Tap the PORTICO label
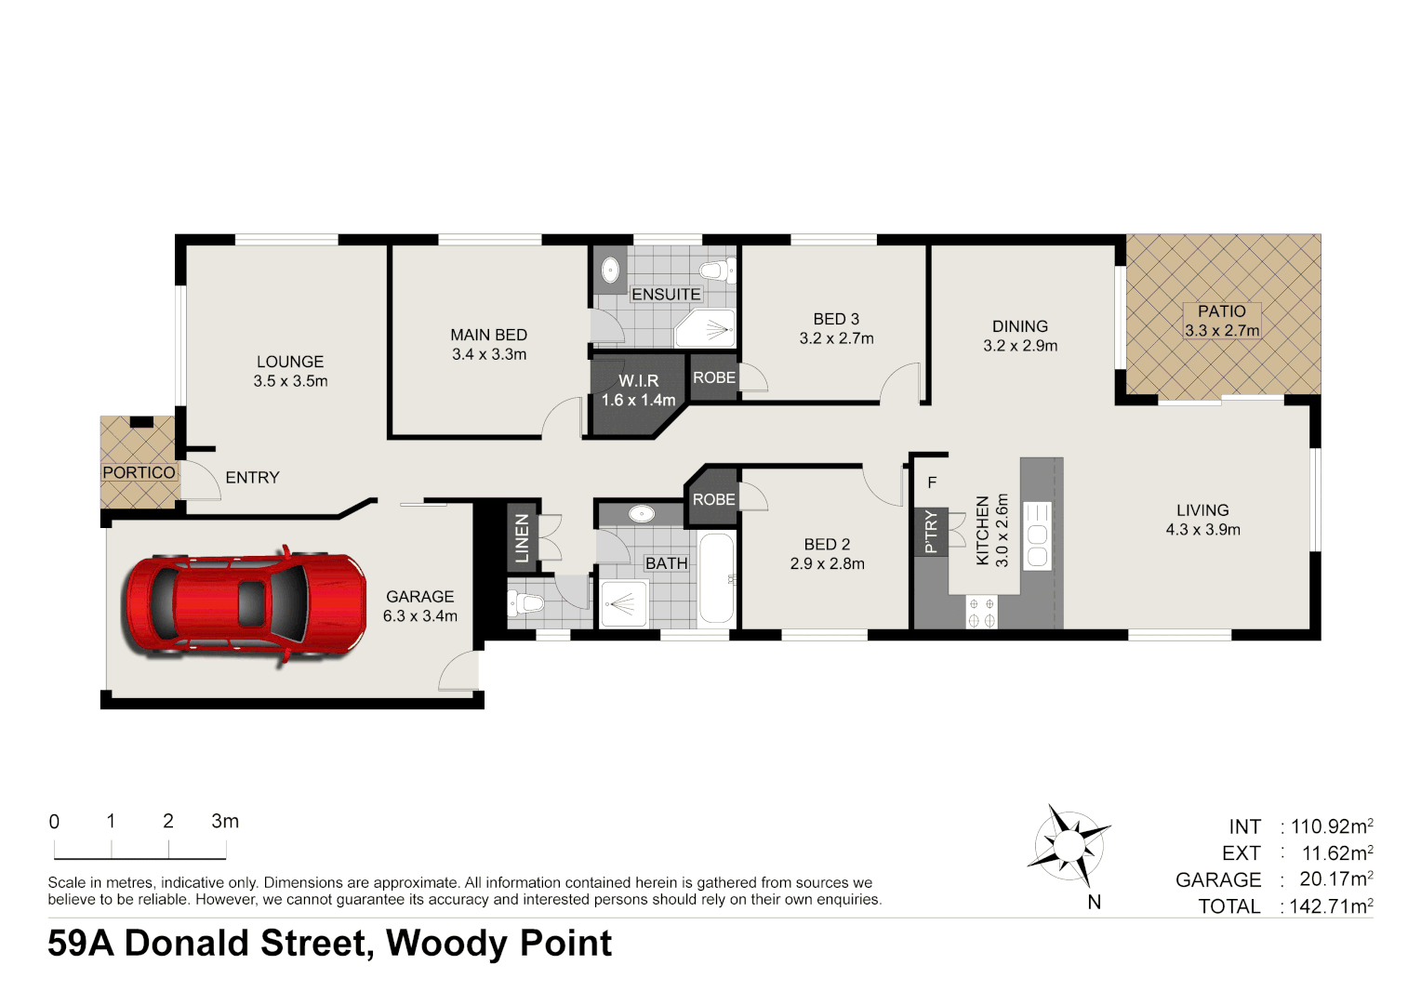point(139,472)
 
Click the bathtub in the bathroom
point(716,579)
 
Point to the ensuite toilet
point(717,271)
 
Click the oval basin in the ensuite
point(610,271)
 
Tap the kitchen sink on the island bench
point(1037,535)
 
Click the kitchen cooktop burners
point(981,612)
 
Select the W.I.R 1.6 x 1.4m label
point(638,390)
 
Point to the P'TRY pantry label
point(931,532)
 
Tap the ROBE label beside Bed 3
point(713,377)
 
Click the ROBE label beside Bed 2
point(713,499)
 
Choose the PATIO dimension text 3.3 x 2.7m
point(1221,331)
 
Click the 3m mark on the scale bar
point(225,822)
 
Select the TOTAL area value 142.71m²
point(1330,906)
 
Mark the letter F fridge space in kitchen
point(932,482)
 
